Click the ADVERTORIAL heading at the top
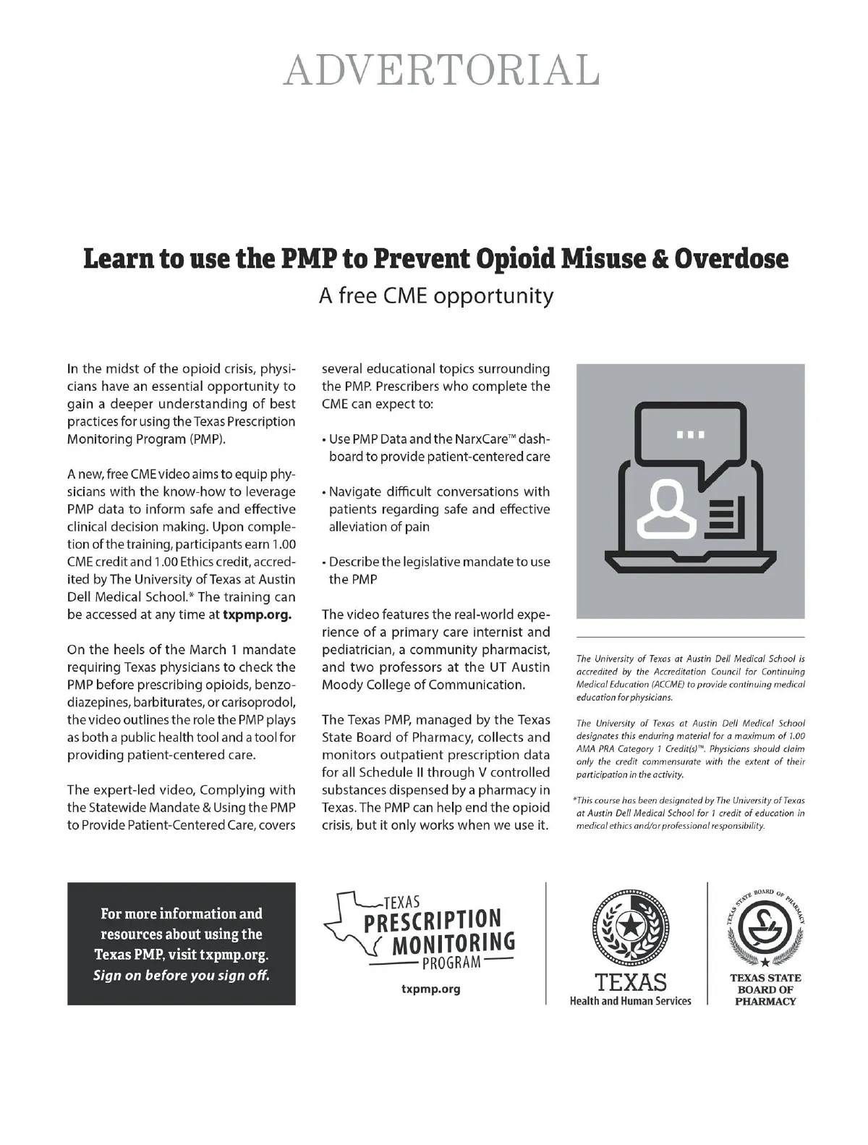coord(441,70)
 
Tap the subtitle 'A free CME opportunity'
coord(436,295)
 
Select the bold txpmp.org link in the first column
coord(257,614)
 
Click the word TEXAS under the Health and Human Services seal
coord(630,982)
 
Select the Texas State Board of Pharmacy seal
coord(765,926)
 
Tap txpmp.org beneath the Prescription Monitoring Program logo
coord(430,989)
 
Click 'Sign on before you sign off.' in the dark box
coord(181,975)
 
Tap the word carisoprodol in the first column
coord(255,702)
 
